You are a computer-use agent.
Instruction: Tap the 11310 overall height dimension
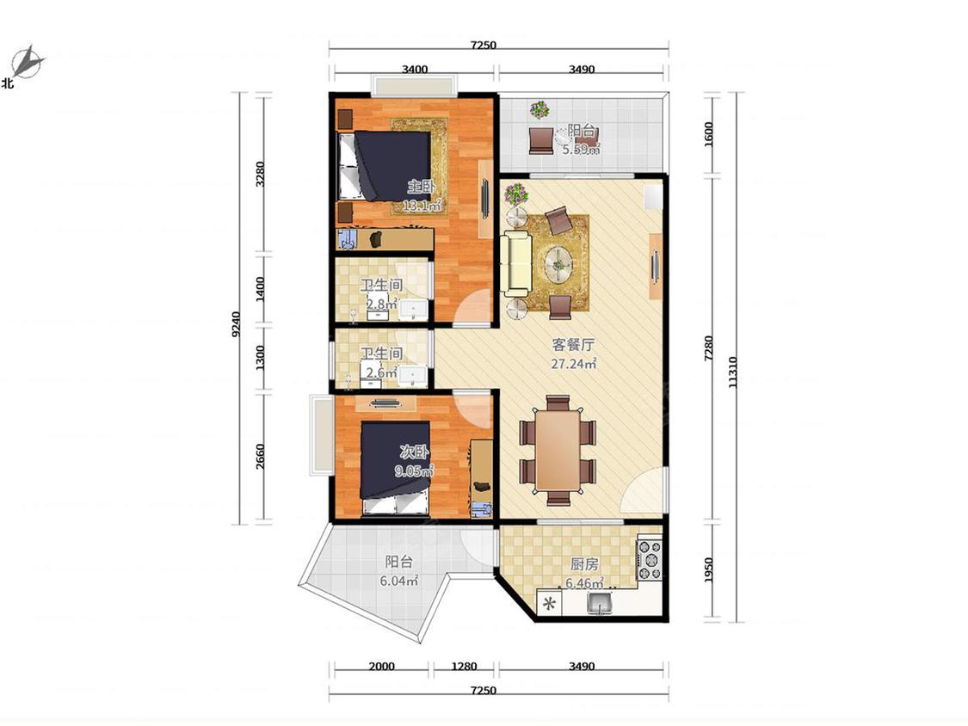tap(733, 372)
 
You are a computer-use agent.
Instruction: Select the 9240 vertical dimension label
tap(236, 323)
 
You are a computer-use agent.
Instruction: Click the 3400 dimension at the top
tap(415, 69)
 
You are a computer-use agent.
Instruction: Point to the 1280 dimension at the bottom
tap(464, 666)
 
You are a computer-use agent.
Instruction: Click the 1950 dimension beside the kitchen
tap(708, 569)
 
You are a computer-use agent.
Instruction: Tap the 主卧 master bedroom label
tap(421, 186)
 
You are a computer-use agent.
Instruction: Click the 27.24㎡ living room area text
tap(574, 363)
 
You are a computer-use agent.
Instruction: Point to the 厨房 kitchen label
tap(584, 563)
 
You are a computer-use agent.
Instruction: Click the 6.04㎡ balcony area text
tap(398, 581)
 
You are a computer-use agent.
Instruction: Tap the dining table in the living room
tap(558, 449)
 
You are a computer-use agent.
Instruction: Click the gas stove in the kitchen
tap(649, 561)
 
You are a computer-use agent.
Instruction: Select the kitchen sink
tap(599, 603)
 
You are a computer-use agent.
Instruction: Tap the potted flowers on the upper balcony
tap(539, 110)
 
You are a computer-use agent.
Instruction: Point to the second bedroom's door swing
tap(473, 408)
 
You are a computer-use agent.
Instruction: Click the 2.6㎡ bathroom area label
tap(381, 372)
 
